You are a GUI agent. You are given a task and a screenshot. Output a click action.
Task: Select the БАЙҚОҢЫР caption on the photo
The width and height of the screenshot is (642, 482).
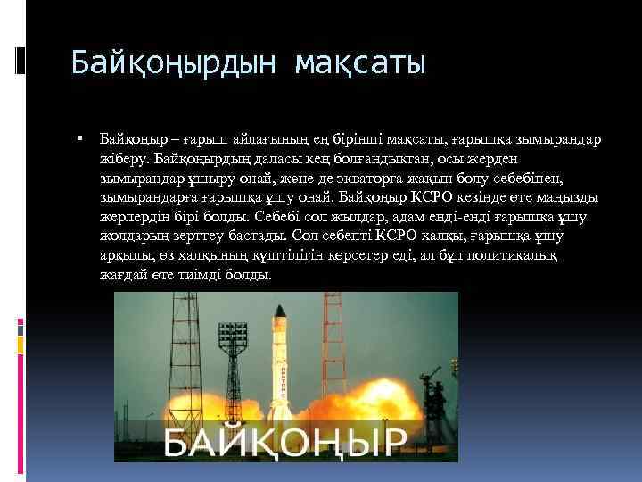point(284,441)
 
